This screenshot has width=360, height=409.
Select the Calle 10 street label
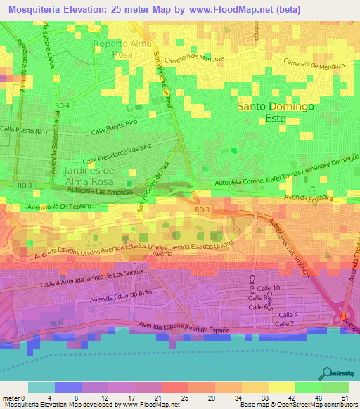tap(272, 288)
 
